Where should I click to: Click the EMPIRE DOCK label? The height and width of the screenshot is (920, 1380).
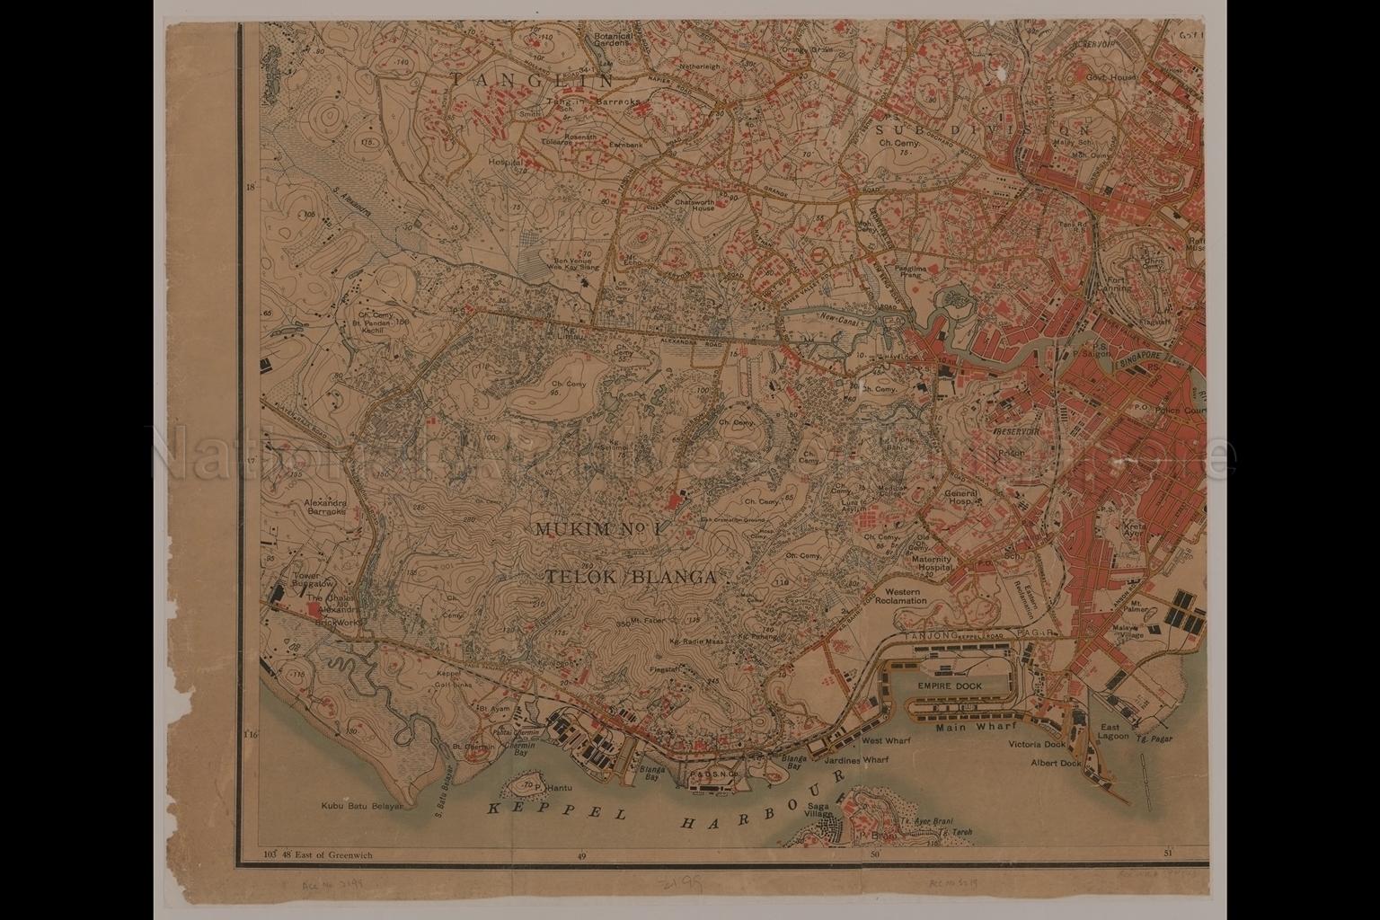950,686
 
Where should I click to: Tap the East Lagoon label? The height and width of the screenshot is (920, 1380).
1110,731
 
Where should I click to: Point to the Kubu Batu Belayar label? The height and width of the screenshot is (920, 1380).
359,806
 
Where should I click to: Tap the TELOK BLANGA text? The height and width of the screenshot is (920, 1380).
630,578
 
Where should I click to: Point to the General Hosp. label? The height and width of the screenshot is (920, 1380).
960,499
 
